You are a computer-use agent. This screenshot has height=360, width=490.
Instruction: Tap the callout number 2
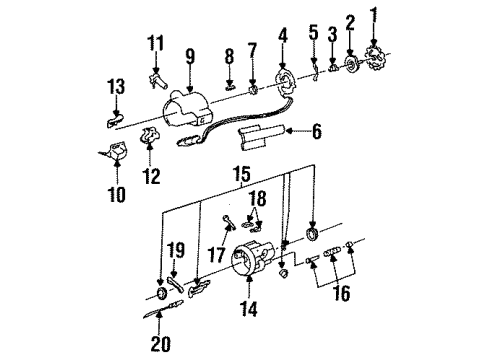pyautogui.click(x=350, y=21)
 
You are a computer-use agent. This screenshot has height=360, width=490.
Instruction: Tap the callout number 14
pyautogui.click(x=247, y=311)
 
